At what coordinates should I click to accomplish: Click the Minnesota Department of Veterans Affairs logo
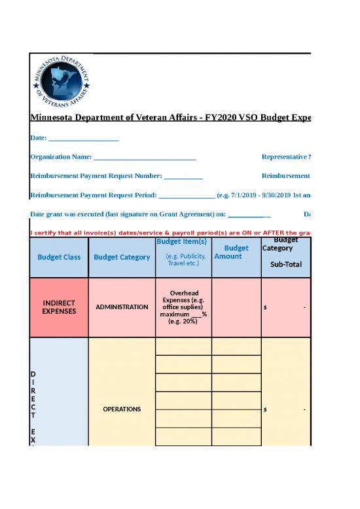63,83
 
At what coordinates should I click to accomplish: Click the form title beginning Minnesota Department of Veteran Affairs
170,118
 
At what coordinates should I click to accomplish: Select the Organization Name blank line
145,158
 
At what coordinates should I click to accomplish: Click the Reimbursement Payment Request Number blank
183,176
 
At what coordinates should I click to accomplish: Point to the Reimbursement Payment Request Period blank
186,195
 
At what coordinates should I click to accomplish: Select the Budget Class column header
59,257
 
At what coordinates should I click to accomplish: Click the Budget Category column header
122,257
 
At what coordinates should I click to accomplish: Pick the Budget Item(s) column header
183,242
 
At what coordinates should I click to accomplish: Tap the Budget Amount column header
236,252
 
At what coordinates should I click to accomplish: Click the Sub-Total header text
285,265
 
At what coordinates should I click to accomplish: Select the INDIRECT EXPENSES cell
59,307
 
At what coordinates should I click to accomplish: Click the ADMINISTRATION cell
122,307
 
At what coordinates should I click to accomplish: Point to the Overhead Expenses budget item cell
183,307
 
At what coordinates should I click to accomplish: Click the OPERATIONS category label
122,409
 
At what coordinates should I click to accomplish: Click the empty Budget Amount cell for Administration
236,307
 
